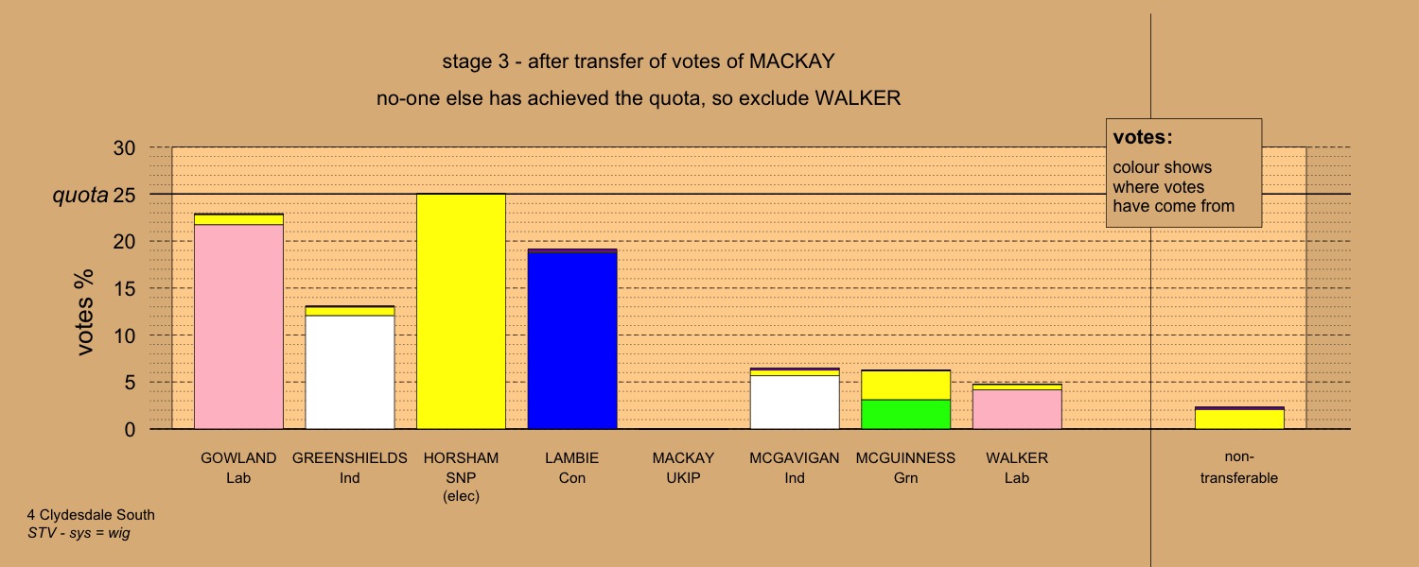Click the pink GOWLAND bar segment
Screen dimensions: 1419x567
pos(238,327)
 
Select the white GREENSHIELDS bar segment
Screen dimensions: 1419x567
pos(350,372)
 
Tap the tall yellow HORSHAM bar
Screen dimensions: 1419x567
pos(462,311)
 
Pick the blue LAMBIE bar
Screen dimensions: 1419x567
pos(572,341)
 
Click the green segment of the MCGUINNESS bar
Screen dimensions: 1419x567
pos(906,415)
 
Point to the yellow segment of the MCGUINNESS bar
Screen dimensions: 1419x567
pos(906,386)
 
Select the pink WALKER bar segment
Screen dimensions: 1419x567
pos(1017,409)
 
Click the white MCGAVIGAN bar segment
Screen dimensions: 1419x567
pos(795,403)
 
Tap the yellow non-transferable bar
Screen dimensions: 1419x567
pos(1239,420)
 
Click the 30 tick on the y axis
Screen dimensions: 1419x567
pos(124,148)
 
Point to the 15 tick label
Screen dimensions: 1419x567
pos(124,288)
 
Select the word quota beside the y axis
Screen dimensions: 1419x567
pos(80,196)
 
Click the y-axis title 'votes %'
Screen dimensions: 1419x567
pos(84,312)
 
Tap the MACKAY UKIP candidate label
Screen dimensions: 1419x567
pos(684,468)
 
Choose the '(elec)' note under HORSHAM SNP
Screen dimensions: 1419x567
pos(462,496)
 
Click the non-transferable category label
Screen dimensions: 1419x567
pos(1239,468)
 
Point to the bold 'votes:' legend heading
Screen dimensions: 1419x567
pos(1143,137)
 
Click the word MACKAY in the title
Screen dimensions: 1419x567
pos(792,61)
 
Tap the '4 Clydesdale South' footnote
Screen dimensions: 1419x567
pos(91,515)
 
